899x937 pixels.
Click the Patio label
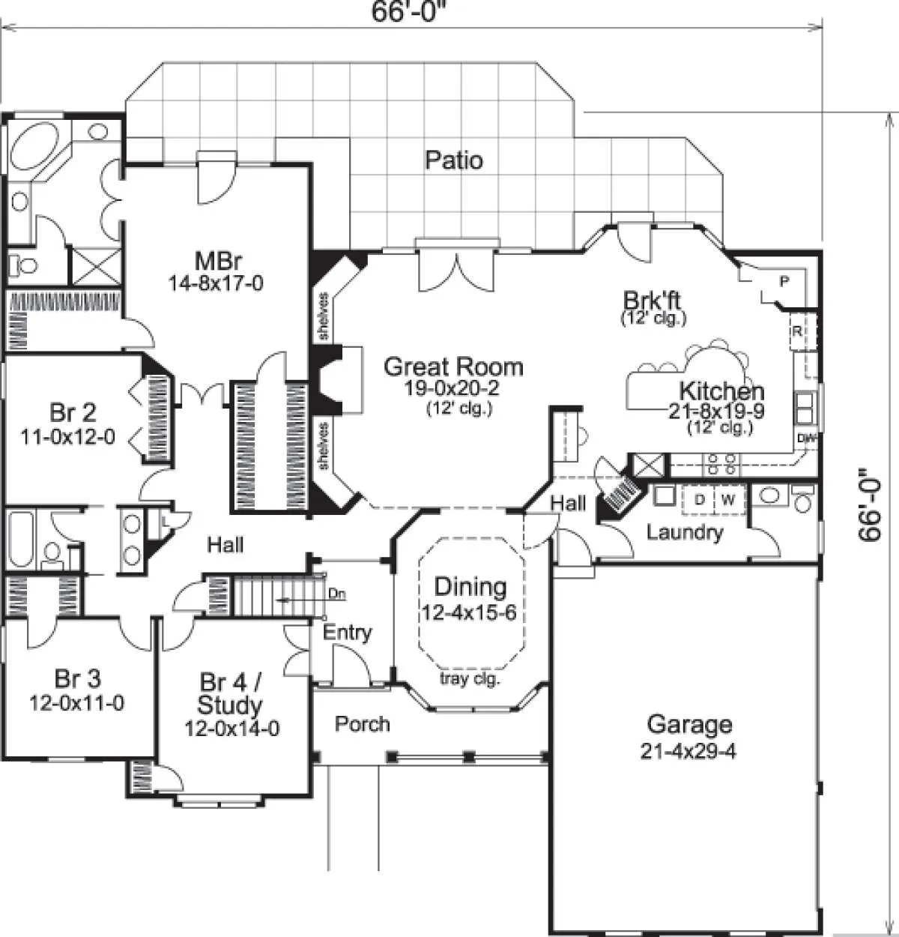point(454,160)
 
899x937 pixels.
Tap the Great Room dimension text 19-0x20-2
point(452,388)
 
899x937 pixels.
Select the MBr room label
point(218,261)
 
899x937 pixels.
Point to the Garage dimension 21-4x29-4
point(688,751)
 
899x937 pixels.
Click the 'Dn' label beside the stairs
point(337,594)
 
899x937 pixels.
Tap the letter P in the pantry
point(784,281)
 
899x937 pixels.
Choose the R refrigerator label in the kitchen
point(797,331)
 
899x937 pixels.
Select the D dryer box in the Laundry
point(699,500)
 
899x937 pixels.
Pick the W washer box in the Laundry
point(729,500)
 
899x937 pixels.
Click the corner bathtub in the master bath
point(34,145)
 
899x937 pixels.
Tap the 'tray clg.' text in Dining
point(470,679)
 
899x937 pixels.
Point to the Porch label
point(363,723)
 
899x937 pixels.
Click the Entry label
point(348,632)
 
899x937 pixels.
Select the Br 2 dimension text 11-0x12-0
point(68,437)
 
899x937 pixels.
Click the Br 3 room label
point(77,679)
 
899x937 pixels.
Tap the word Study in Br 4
point(229,705)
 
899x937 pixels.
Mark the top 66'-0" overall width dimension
point(406,11)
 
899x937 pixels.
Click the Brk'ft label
point(652,301)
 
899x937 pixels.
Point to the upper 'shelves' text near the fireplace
point(324,316)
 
